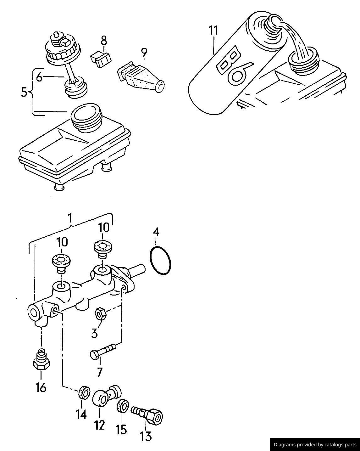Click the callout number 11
click(213, 31)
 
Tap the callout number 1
click(70, 218)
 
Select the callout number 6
click(39, 77)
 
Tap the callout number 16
click(41, 387)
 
